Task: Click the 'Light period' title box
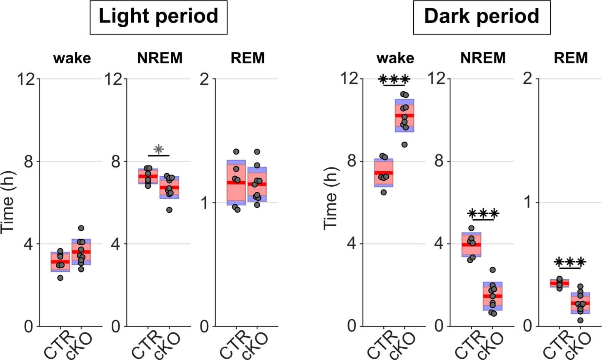158,17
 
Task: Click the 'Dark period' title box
482,17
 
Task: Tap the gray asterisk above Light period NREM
158,150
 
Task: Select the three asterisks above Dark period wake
394,80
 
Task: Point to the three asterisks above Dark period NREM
483,214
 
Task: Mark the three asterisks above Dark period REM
570,262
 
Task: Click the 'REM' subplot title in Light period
247,58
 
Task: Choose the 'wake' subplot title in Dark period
395,58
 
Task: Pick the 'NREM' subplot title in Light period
160,58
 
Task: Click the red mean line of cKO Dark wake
405,115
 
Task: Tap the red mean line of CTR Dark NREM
471,245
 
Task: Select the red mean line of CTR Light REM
236,182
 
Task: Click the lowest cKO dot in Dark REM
580,320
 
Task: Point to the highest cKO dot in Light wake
81,228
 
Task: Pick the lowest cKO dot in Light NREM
169,210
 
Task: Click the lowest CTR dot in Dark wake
384,192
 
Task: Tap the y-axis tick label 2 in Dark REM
528,79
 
